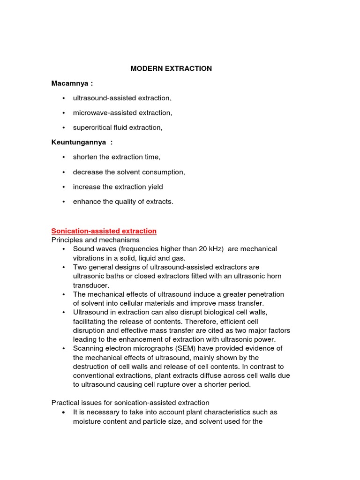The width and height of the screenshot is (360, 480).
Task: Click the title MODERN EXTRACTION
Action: click(x=171, y=68)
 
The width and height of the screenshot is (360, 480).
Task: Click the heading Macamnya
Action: click(x=72, y=83)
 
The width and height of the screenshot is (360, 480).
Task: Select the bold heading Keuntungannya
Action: click(x=82, y=142)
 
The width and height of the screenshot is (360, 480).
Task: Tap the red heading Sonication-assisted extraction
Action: click(x=104, y=231)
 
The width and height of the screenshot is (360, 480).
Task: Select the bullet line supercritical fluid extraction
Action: click(x=118, y=127)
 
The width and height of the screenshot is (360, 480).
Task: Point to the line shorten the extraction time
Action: click(x=116, y=157)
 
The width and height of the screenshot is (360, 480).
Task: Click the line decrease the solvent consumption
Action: click(x=129, y=172)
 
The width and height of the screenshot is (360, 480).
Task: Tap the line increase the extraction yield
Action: click(x=118, y=187)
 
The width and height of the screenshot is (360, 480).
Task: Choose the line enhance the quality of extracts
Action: click(x=123, y=202)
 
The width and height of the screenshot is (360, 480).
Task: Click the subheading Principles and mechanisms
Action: click(x=95, y=240)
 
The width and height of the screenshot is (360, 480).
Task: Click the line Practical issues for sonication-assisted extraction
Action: click(x=130, y=403)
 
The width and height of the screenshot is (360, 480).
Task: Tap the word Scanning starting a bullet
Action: click(x=88, y=348)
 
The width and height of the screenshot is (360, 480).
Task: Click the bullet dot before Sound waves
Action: click(x=63, y=249)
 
